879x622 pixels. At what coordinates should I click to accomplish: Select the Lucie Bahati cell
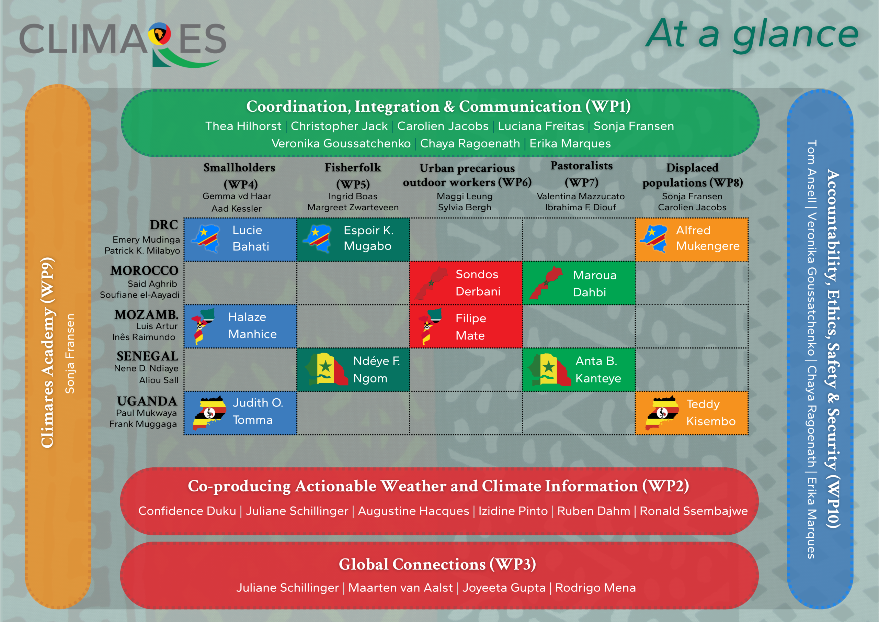240,240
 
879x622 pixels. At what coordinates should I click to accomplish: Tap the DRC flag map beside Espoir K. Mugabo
317,239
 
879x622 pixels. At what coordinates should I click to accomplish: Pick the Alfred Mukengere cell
692,240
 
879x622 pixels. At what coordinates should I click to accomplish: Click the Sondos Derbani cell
466,283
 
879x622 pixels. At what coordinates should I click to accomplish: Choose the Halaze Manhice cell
240,326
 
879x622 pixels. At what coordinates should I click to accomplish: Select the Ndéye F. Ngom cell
353,369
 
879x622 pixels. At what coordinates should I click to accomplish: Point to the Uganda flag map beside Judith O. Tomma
209,413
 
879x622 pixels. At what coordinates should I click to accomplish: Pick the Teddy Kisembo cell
692,413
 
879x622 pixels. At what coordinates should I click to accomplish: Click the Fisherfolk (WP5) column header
353,176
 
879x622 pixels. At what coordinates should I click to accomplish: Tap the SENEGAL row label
147,356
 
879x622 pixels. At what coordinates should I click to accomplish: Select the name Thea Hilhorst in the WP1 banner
243,126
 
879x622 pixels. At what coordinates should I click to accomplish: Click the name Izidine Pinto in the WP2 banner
513,511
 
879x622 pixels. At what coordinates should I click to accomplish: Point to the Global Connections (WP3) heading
437,564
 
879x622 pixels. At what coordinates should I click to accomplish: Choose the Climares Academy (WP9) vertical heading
48,353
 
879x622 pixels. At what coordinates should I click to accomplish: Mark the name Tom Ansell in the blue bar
811,171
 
